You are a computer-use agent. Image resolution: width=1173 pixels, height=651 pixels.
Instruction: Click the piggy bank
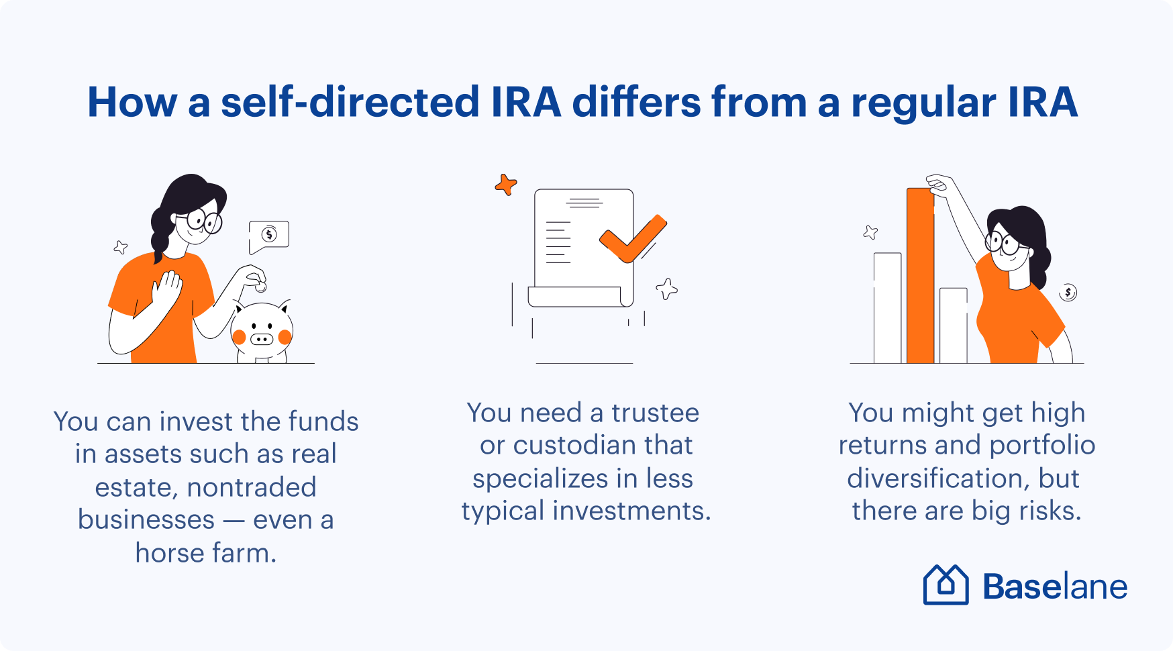click(x=262, y=331)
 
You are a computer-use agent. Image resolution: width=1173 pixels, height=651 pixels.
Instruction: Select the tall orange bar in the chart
click(x=920, y=275)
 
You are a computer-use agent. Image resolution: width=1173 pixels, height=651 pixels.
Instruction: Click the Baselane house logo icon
click(x=946, y=585)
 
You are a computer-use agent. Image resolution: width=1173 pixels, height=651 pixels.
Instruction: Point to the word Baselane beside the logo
click(x=1055, y=587)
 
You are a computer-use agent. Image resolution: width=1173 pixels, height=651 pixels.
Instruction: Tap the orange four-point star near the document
click(x=506, y=184)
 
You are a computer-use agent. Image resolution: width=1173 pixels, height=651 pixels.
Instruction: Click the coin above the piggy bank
click(x=261, y=287)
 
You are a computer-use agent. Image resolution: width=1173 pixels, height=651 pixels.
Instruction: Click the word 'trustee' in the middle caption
click(x=655, y=413)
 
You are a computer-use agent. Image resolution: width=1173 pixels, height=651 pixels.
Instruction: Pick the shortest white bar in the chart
click(x=954, y=326)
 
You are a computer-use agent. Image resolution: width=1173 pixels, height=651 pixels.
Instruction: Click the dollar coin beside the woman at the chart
click(x=1068, y=293)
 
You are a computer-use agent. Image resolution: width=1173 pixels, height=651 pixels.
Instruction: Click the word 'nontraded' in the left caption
click(x=252, y=487)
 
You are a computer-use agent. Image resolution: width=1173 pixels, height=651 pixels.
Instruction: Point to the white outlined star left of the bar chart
click(x=870, y=232)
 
